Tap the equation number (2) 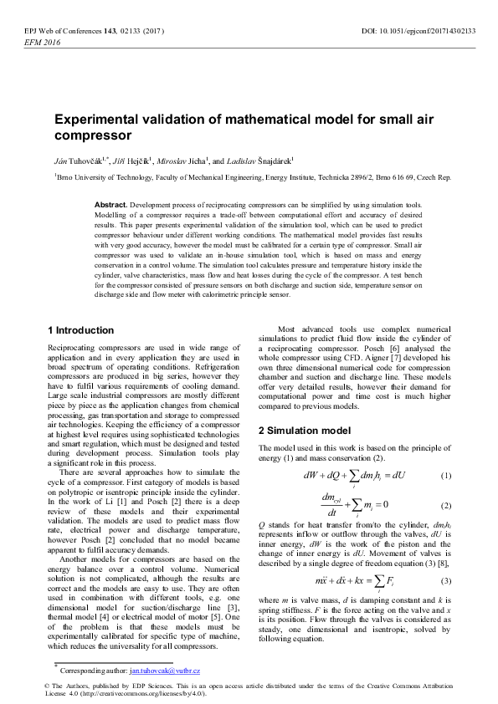[445, 506]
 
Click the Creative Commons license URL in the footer [133, 694]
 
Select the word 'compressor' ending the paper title [93, 135]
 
